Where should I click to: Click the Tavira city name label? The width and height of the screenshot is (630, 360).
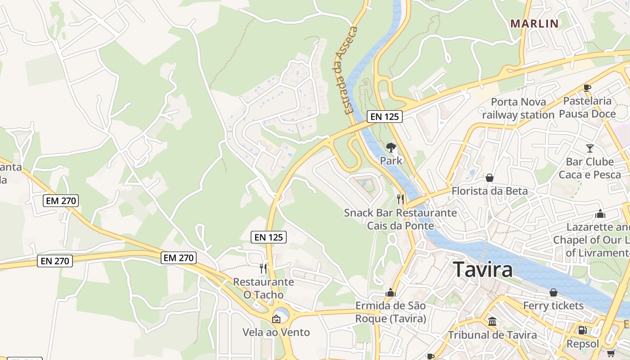(483, 270)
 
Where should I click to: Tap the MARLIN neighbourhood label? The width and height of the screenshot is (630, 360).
(535, 24)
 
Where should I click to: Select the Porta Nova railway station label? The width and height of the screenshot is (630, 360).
(518, 108)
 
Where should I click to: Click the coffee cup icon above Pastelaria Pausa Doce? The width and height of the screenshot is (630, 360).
(587, 88)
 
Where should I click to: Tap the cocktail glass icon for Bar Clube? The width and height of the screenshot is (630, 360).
(589, 148)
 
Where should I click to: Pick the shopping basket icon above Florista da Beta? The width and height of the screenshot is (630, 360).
(489, 178)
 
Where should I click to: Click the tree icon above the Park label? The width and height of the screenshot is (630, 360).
(391, 147)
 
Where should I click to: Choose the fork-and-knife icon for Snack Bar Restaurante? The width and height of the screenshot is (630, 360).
(400, 199)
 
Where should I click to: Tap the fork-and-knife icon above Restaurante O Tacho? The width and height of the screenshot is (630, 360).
(263, 269)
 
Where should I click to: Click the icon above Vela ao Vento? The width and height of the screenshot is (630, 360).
(276, 319)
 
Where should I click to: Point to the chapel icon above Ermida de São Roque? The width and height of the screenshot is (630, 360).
(390, 293)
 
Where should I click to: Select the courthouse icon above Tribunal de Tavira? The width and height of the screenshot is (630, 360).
(492, 322)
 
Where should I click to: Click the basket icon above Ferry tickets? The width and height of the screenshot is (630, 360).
(553, 292)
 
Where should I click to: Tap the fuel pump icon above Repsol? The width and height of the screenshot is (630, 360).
(582, 330)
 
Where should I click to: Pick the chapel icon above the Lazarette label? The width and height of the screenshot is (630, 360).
(600, 214)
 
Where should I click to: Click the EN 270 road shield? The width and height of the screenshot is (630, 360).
(54, 261)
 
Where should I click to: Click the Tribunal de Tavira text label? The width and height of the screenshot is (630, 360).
(492, 335)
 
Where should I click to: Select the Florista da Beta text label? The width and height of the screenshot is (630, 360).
(490, 191)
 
